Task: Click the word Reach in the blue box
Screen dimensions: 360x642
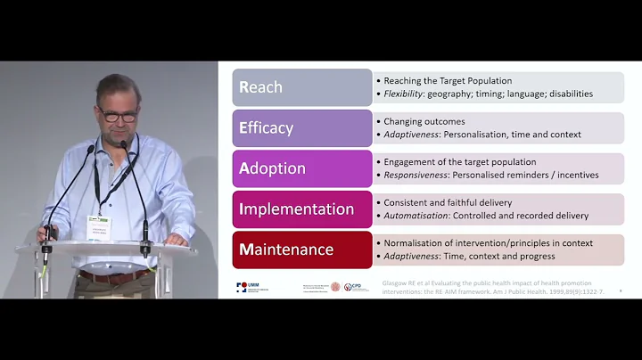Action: [x=261, y=87]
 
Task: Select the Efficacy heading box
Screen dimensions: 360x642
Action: [x=302, y=127]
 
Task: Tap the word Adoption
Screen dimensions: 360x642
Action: [x=274, y=168]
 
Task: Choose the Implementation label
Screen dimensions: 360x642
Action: [x=297, y=209]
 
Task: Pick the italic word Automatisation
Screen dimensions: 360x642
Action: [x=418, y=215]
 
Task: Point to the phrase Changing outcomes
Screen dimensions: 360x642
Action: [x=424, y=121]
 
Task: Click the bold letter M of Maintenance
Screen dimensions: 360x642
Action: [x=246, y=250]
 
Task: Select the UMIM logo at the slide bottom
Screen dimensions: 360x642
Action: [x=249, y=287]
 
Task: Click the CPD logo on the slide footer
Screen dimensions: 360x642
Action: [x=356, y=287]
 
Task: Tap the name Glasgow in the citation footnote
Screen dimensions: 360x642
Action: [x=397, y=282]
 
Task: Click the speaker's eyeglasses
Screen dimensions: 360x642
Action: [x=117, y=116]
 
